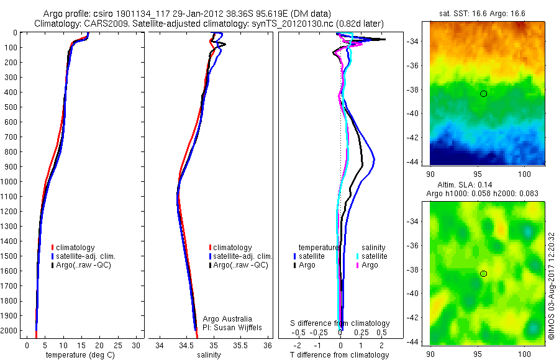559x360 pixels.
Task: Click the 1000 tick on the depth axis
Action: point(11,182)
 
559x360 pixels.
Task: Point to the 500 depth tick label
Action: point(11,107)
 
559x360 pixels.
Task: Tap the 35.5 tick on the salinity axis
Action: point(240,345)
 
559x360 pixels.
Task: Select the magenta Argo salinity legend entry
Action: point(370,265)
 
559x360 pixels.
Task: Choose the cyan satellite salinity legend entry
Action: point(373,256)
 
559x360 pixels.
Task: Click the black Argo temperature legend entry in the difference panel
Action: point(304,265)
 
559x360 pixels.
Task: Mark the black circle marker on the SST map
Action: point(483,94)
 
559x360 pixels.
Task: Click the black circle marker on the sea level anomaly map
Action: point(483,274)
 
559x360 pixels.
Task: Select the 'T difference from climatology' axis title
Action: point(339,355)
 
